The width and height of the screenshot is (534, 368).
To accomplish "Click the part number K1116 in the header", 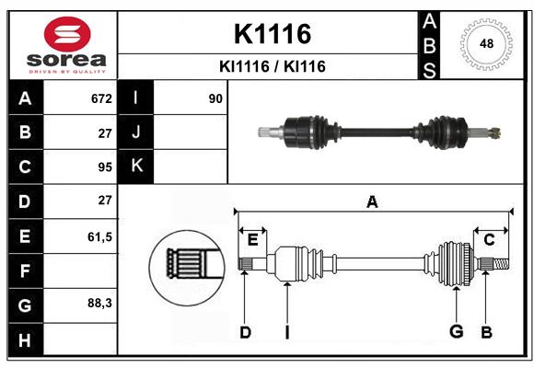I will pos(272,34).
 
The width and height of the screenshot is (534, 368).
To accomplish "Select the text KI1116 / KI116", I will pos(272,66).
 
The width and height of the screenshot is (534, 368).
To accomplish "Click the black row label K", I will pos(136,167).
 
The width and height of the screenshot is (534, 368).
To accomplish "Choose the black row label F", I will pos(25,270).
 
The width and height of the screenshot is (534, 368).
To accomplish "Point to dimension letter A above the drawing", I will pos(372,201).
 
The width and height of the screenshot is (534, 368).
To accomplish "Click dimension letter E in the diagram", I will pos(252,240).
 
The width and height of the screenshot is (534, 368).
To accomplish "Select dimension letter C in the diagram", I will pos(489,240).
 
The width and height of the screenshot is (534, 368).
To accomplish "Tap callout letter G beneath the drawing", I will pos(455,331).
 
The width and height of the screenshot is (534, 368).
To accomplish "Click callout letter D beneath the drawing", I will pos(245,331).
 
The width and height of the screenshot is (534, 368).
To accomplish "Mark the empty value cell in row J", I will pos(190,132).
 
